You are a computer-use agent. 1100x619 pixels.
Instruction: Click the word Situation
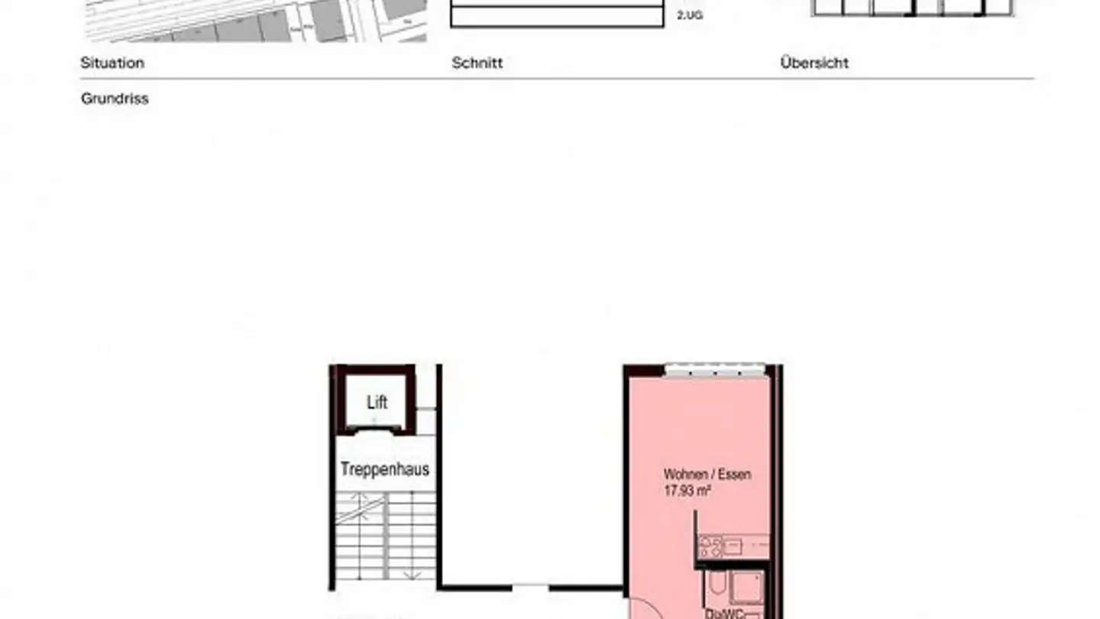pos(112,63)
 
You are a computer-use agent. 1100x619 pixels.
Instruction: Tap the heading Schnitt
pos(477,63)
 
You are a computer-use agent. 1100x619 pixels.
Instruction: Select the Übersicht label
pos(814,63)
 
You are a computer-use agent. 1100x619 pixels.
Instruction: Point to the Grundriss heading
pos(115,99)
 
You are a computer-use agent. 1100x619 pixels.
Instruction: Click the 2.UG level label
pos(689,15)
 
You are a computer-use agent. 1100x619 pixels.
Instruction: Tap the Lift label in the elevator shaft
pos(377,403)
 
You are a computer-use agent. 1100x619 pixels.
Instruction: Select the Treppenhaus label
pos(385,469)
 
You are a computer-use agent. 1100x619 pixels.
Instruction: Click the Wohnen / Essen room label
pos(707,475)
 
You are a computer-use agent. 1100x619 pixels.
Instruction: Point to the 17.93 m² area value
pos(687,491)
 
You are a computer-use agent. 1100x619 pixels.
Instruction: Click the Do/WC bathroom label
pos(722,613)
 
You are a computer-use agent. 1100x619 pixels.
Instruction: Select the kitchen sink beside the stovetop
pos(732,546)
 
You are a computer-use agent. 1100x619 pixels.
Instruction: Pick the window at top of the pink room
pos(714,370)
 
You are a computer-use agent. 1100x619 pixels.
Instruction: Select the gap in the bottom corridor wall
pos(530,588)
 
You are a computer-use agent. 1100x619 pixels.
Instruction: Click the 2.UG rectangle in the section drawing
pos(557,17)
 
